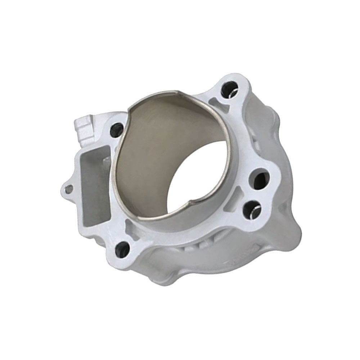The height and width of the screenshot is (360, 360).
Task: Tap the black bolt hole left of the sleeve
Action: point(116,130)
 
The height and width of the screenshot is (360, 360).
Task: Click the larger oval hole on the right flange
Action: point(261,179)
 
